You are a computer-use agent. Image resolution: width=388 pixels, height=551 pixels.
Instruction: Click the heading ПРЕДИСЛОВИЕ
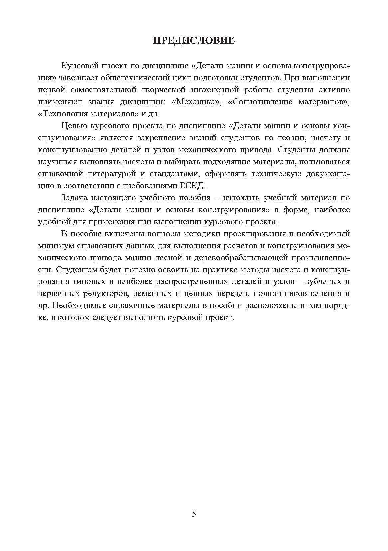(x=194, y=41)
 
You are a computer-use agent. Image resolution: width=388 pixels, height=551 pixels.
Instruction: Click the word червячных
(x=59, y=294)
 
